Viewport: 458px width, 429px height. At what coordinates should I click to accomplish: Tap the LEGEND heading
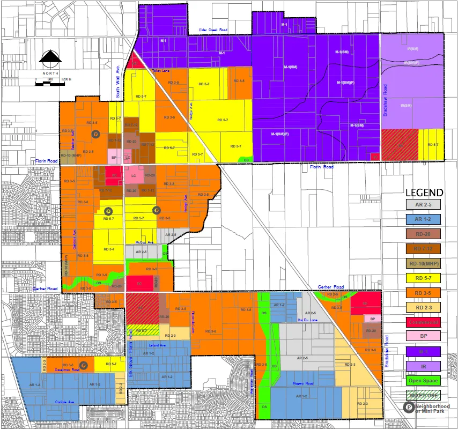click(424, 193)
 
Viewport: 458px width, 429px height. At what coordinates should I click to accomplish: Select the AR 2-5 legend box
click(423, 204)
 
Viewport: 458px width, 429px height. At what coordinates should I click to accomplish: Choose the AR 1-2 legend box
click(423, 219)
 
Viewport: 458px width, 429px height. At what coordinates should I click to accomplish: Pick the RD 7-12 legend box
click(423, 248)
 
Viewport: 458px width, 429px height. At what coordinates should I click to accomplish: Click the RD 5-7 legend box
click(423, 278)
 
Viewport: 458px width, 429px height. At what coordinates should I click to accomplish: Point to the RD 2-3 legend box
click(423, 307)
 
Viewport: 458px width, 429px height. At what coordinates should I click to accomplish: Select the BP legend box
click(423, 336)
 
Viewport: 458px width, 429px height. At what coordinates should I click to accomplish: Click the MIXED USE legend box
click(423, 395)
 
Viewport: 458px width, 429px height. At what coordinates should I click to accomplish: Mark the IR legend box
click(423, 366)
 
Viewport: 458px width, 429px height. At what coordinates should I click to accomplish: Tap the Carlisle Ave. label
click(64, 401)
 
